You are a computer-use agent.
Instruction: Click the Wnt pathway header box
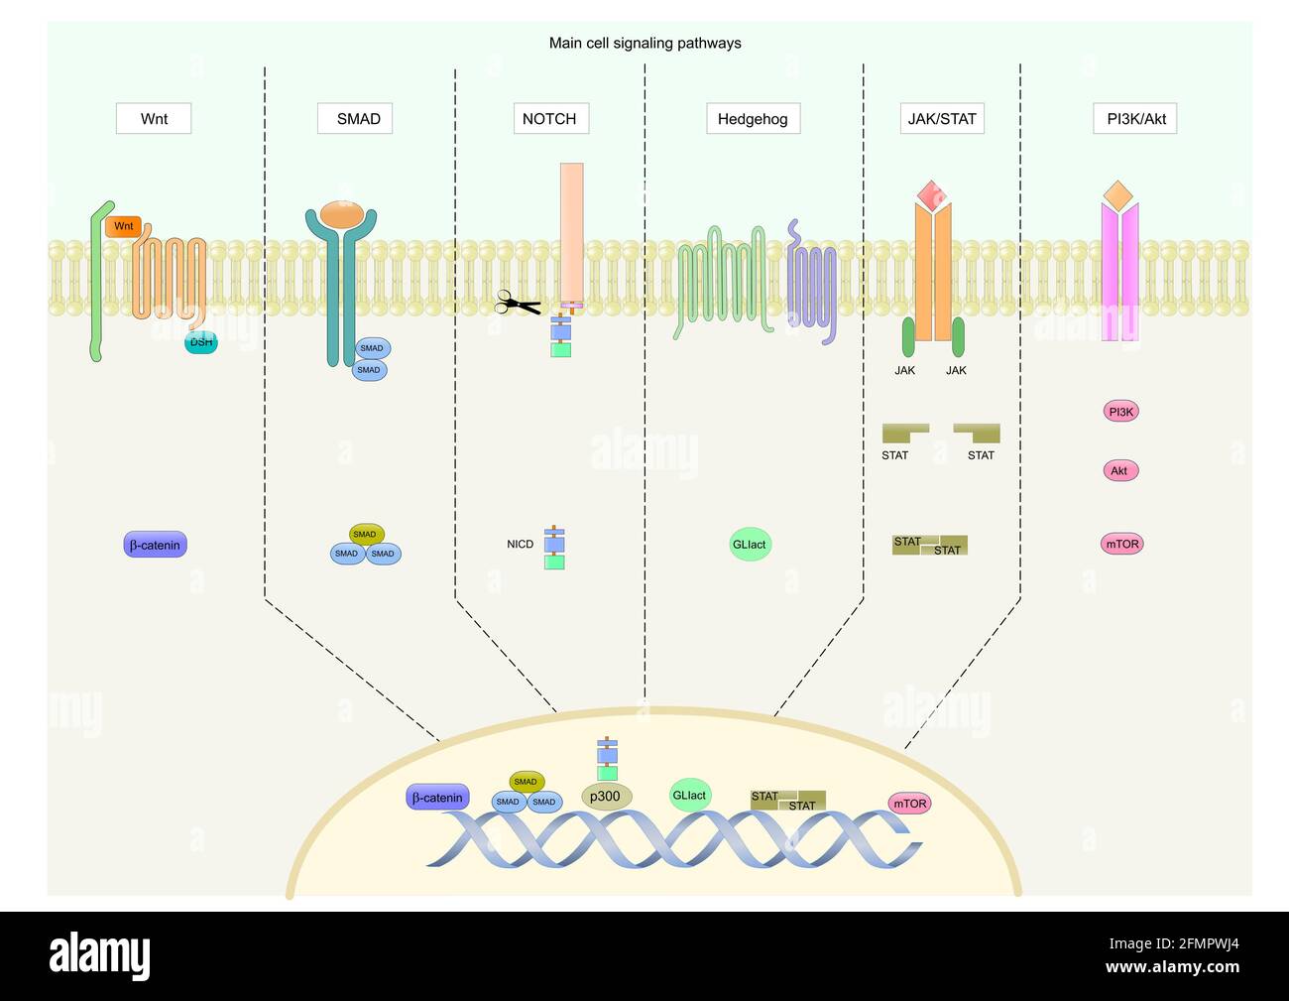pos(154,119)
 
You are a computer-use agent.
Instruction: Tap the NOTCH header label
pos(550,119)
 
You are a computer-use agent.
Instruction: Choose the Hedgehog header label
pos(753,119)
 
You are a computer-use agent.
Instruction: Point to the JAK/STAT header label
pos(942,119)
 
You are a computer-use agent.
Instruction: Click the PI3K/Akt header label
pos(1135,119)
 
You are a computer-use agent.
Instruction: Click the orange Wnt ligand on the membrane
pos(124,226)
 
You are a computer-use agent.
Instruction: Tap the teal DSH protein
pos(201,342)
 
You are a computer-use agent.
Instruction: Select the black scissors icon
pos(517,304)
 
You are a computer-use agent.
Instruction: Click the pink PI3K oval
pos(1120,411)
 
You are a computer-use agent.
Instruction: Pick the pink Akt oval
pos(1120,470)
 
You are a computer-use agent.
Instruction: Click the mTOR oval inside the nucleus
pos(909,804)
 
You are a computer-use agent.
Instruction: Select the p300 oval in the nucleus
pos(606,796)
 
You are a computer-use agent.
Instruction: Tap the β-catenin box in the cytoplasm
pos(156,545)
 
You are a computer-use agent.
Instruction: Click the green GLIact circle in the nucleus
pos(690,795)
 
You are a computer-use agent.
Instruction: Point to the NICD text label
pos(520,544)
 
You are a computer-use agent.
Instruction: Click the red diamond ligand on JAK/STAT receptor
pos(932,194)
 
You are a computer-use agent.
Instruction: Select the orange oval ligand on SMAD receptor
pos(342,213)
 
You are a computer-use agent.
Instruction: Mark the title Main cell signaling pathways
pos(644,43)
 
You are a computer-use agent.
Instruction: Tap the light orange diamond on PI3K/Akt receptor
pos(1118,195)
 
